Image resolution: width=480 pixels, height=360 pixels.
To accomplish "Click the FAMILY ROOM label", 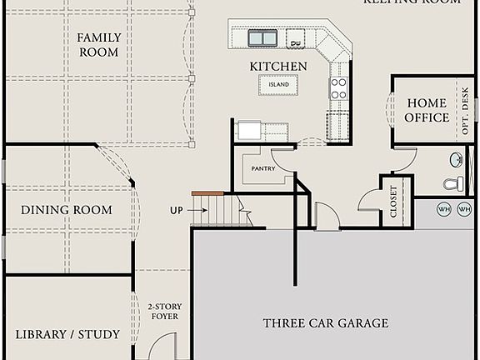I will click(98, 45).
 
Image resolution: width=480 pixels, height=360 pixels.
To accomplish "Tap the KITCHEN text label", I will click(278, 67).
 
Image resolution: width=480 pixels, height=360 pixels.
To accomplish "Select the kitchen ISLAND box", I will click(278, 84).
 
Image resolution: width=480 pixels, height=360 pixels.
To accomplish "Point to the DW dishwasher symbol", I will click(296, 39).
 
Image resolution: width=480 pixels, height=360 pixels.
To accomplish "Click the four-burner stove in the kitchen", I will click(338, 88).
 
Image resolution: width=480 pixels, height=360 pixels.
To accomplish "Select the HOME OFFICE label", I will click(427, 110).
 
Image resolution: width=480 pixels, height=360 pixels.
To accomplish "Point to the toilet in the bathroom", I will click(452, 183).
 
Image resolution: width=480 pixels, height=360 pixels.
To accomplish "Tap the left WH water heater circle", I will click(445, 209).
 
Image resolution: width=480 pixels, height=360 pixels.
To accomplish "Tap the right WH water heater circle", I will click(464, 209).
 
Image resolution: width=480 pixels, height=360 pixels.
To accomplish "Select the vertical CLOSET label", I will click(394, 201).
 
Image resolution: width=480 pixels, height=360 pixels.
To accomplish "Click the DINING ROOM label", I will click(67, 210).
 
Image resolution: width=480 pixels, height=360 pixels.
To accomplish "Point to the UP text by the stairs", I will click(176, 210).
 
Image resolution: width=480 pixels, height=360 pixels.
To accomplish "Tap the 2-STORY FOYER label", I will click(163, 311).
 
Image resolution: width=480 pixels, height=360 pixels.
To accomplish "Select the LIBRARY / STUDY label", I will click(67, 334).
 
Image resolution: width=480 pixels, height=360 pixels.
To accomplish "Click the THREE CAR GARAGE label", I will click(326, 323).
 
